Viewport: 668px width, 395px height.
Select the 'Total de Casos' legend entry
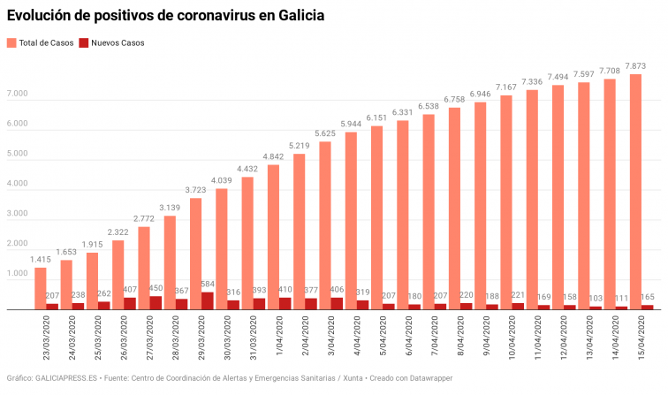(42, 42)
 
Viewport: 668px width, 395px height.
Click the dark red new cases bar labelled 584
(208, 301)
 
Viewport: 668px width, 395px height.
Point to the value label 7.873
(634, 65)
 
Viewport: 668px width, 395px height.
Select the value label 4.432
(247, 169)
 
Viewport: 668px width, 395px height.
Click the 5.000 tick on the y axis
(18, 155)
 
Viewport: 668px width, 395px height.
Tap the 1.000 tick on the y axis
(18, 275)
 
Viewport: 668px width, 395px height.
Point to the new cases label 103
(596, 299)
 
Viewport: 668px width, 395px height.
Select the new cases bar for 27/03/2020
(156, 303)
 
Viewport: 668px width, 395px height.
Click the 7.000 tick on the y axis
(18, 94)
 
